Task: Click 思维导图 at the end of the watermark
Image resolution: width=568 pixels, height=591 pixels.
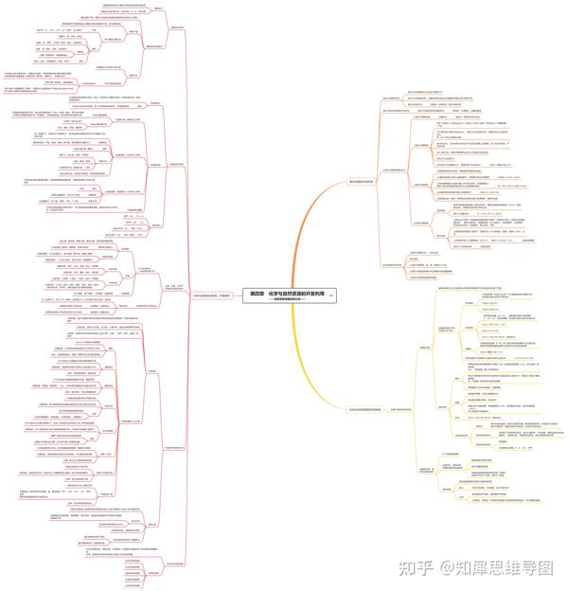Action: point(515,567)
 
